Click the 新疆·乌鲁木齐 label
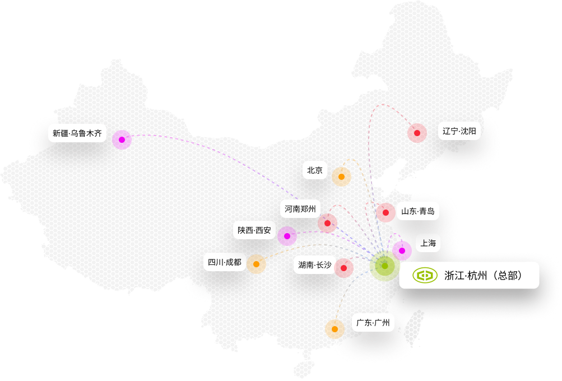tap(77, 133)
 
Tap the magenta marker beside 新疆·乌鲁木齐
tap(121, 140)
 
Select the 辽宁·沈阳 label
tap(459, 132)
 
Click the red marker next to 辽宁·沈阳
tap(417, 133)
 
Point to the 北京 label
tap(315, 170)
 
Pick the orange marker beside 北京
tap(341, 177)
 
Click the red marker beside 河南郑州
tap(327, 224)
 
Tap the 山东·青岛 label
tap(417, 212)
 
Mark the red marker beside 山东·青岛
tap(386, 212)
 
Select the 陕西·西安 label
tap(254, 230)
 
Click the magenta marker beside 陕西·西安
tap(287, 236)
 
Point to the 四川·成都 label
tap(224, 262)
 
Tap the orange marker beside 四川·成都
tap(256, 264)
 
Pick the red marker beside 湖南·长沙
tap(343, 267)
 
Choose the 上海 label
tap(428, 243)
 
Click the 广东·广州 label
tap(373, 323)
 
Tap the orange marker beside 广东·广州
tap(335, 329)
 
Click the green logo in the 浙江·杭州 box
tap(425, 275)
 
